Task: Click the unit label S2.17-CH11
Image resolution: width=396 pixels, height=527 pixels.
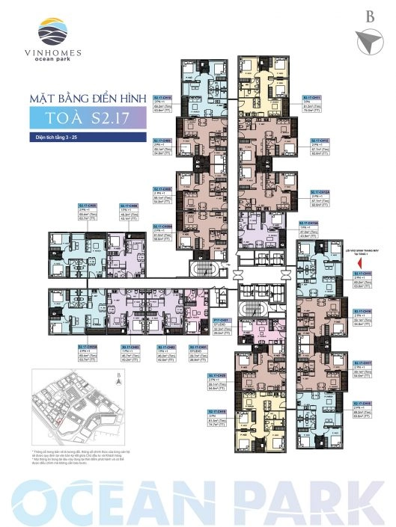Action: [311, 98]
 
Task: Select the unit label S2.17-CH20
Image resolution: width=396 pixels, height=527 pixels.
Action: [216, 371]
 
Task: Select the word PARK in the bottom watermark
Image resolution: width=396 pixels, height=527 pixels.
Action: [314, 497]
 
